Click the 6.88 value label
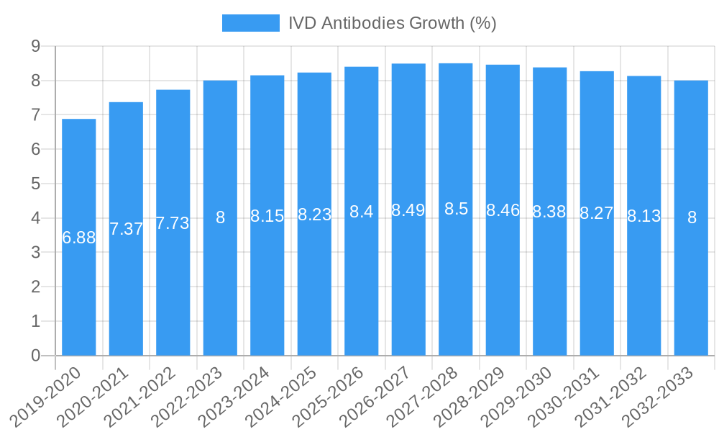79,238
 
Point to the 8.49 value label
408,210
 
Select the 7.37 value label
126,229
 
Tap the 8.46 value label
503,210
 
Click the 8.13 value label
644,216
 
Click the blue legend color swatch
251,23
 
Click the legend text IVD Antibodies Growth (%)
392,23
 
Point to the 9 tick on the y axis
35,46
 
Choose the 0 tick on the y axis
35,356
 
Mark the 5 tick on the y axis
35,184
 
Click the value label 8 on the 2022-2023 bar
220,217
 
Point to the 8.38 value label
549,212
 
